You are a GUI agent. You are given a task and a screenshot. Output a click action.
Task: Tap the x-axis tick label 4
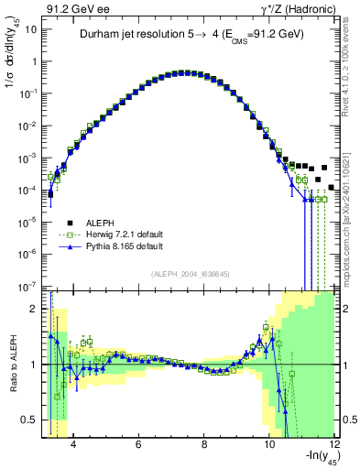71,446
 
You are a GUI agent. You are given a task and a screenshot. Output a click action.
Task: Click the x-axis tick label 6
137,446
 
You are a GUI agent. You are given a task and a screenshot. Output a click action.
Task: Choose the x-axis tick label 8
203,446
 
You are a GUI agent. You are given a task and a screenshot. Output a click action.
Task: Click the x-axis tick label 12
334,446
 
